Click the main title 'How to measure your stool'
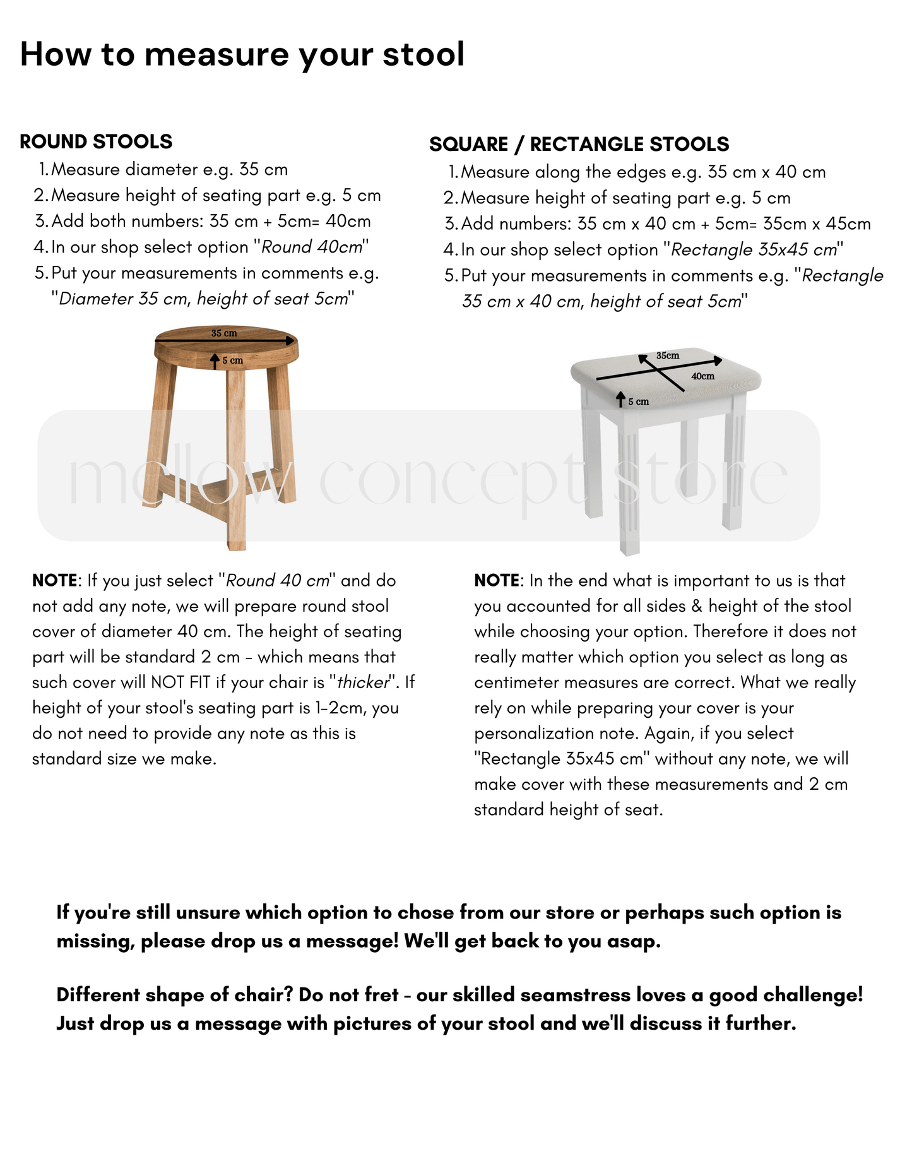[x=242, y=54]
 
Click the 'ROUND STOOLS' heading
[x=96, y=141]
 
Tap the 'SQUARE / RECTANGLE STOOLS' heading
[x=579, y=145]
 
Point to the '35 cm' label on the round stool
[x=224, y=333]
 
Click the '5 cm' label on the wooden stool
[x=232, y=360]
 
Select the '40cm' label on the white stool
[x=702, y=376]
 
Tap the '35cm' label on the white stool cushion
[x=667, y=355]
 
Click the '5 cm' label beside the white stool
[x=638, y=402]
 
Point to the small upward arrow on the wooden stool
[x=215, y=360]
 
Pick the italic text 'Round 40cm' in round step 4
[x=312, y=247]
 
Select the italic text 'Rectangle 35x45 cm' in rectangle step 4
[x=754, y=250]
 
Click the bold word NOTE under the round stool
[x=55, y=581]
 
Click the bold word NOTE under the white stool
[x=497, y=581]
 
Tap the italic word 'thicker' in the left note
[x=363, y=682]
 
